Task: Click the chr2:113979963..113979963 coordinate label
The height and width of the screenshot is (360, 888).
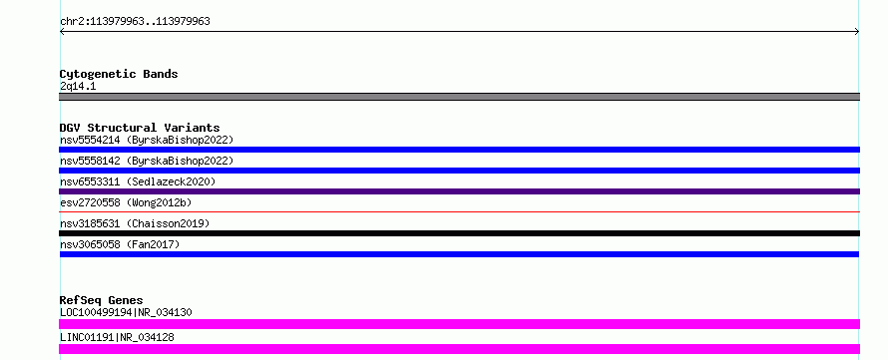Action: (x=135, y=22)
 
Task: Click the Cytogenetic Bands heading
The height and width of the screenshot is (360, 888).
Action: (x=119, y=74)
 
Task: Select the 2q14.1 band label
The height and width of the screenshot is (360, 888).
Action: (x=78, y=87)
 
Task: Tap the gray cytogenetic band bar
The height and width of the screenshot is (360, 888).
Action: (x=459, y=97)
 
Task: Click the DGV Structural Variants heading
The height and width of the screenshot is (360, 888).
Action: (x=140, y=128)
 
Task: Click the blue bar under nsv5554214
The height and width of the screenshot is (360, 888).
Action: (x=459, y=150)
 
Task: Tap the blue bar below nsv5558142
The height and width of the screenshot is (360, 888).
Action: (x=459, y=171)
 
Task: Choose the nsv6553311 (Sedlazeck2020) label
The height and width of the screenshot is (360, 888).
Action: (x=138, y=181)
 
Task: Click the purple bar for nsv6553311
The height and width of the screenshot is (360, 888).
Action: (x=459, y=191)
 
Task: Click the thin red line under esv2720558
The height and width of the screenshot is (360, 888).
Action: (x=459, y=211)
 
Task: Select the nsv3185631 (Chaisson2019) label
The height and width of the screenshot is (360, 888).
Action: (x=135, y=223)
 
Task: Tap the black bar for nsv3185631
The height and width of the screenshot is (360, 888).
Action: (x=459, y=233)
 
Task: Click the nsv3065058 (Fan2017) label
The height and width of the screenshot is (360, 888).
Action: (x=120, y=244)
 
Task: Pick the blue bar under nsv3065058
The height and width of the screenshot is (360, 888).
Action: (x=459, y=254)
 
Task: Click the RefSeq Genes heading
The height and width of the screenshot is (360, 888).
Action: (x=102, y=300)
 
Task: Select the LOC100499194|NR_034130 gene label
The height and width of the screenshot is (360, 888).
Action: (x=126, y=312)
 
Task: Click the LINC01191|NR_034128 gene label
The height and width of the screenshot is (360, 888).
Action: (x=117, y=337)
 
